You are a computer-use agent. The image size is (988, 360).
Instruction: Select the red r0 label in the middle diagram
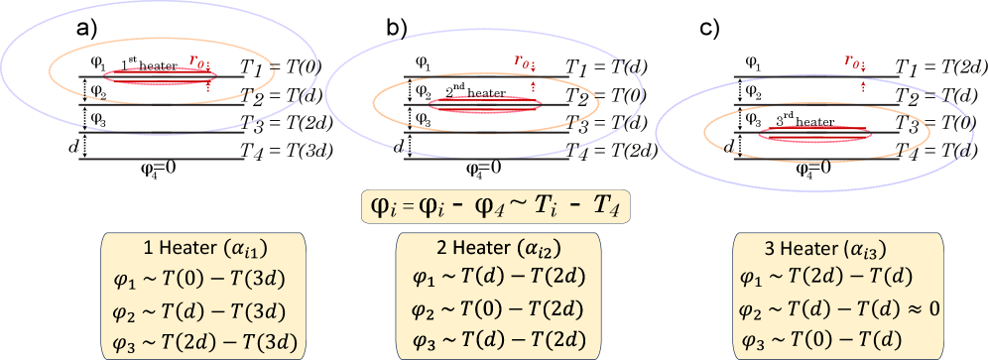522,60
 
